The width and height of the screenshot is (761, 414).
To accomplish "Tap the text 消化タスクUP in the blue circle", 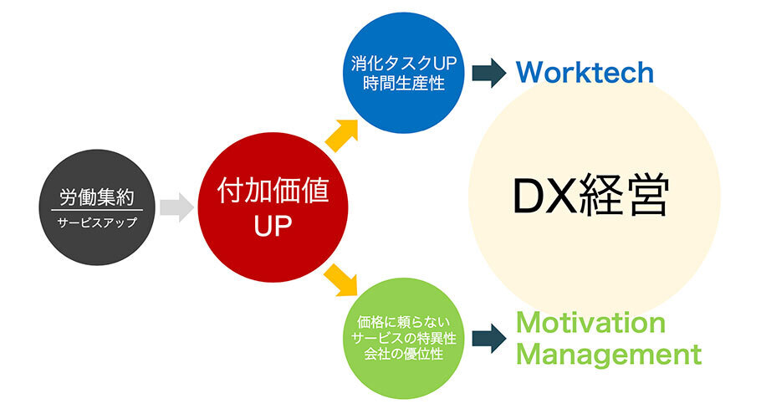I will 397,63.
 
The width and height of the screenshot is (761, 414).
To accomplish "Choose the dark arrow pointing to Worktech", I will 488,73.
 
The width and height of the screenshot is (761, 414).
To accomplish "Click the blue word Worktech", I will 584,73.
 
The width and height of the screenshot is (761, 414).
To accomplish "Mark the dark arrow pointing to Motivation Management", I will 488,337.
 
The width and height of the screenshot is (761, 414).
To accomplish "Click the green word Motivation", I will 590,323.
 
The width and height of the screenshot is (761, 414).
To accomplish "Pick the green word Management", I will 608,354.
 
